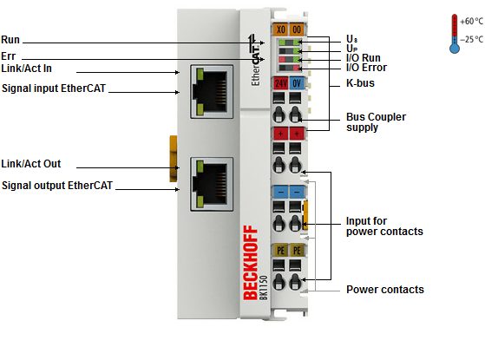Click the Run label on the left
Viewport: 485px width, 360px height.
pos(10,40)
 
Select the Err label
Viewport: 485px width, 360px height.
pos(9,56)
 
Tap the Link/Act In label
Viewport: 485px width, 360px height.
pos(26,69)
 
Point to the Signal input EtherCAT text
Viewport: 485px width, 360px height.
pos(54,88)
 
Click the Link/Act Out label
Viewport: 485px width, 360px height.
pos(31,164)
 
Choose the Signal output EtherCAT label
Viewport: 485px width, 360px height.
pos(57,186)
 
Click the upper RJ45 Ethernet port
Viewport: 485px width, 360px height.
pos(212,92)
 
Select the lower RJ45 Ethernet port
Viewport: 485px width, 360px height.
pos(212,184)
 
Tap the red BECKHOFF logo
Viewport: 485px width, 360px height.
pos(251,263)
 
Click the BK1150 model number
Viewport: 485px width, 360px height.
pos(264,287)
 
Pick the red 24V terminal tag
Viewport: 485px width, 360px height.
pos(281,83)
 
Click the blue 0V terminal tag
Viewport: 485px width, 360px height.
pos(297,83)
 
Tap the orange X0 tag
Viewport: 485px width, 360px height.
pos(280,29)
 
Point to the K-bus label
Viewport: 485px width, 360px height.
pos(360,83)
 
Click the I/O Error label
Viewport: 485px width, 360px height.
pos(366,68)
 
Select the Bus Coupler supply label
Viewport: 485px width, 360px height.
pos(377,122)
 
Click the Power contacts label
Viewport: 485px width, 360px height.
pos(385,290)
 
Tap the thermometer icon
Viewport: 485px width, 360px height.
pos(455,34)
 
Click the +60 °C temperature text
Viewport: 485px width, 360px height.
pos(471,22)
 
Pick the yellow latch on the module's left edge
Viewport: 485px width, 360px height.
pos(174,159)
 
